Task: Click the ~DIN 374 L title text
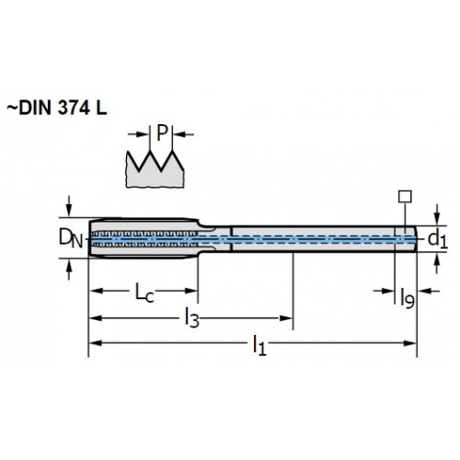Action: point(57,108)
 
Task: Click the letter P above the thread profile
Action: point(162,133)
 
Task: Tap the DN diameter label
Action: point(71,238)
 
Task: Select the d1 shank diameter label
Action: point(438,239)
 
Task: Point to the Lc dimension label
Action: point(144,293)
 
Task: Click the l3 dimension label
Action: point(191,318)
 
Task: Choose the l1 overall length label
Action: point(259,345)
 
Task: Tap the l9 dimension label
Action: point(408,297)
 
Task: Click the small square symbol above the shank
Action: point(405,197)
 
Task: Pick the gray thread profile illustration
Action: point(155,169)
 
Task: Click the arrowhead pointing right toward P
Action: point(143,134)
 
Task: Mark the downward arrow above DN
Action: point(69,210)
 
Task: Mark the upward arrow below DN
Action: point(69,266)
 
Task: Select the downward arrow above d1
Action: point(438,217)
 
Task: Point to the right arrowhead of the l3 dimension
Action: point(286,318)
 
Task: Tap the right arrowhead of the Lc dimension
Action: point(190,291)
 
